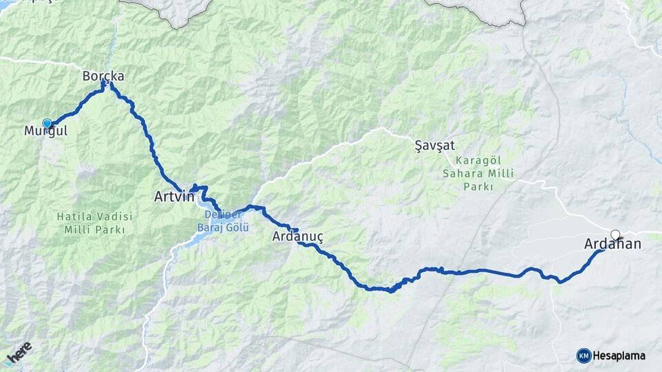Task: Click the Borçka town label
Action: pos(103,75)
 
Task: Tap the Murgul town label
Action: pos(46,131)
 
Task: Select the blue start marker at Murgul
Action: pos(47,123)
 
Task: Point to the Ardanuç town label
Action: pos(298,238)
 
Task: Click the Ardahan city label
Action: pos(612,244)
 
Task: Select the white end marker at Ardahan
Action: pos(615,234)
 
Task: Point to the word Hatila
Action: pos(74,216)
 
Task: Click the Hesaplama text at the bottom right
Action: pos(619,355)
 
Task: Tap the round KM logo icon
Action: pos(583,355)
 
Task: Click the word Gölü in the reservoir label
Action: pos(237,227)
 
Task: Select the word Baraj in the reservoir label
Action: pos(214,227)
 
